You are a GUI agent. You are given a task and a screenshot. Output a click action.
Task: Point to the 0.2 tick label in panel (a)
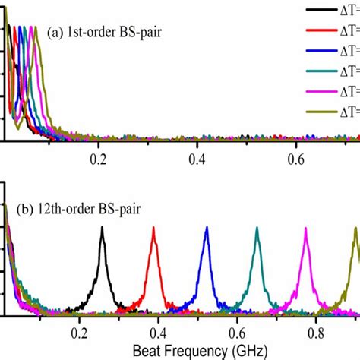pos(97,160)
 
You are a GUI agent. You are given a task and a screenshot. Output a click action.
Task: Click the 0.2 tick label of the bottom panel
pos(77,332)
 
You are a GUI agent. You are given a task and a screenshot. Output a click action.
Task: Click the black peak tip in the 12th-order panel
pos(103,230)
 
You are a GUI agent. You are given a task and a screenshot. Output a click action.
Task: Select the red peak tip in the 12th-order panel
pos(154,230)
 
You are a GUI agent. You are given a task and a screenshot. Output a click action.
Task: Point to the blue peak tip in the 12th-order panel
pos(206,230)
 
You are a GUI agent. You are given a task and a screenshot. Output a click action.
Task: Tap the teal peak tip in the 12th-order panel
pos(257,230)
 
